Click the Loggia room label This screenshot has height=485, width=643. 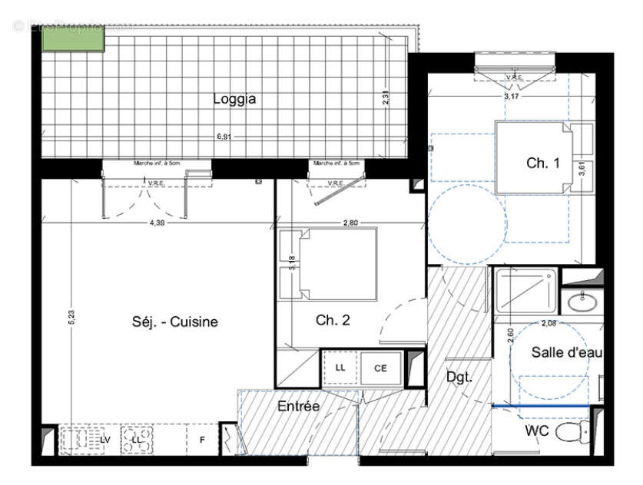point(234,99)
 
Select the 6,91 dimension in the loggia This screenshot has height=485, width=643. point(224,137)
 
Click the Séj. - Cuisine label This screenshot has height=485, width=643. point(174,322)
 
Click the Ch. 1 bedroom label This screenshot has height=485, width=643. point(538,163)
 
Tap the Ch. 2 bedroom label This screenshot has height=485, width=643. point(333,321)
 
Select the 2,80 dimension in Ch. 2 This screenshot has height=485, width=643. point(351,223)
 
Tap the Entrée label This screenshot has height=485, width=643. point(298,407)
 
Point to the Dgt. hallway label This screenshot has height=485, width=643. point(459,378)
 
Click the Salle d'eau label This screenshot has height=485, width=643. point(567,352)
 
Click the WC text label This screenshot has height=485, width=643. point(536,431)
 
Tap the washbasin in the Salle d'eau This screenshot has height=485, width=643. point(582,302)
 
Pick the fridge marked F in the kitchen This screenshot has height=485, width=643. point(202,440)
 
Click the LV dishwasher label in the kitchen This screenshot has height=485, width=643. point(105,440)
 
